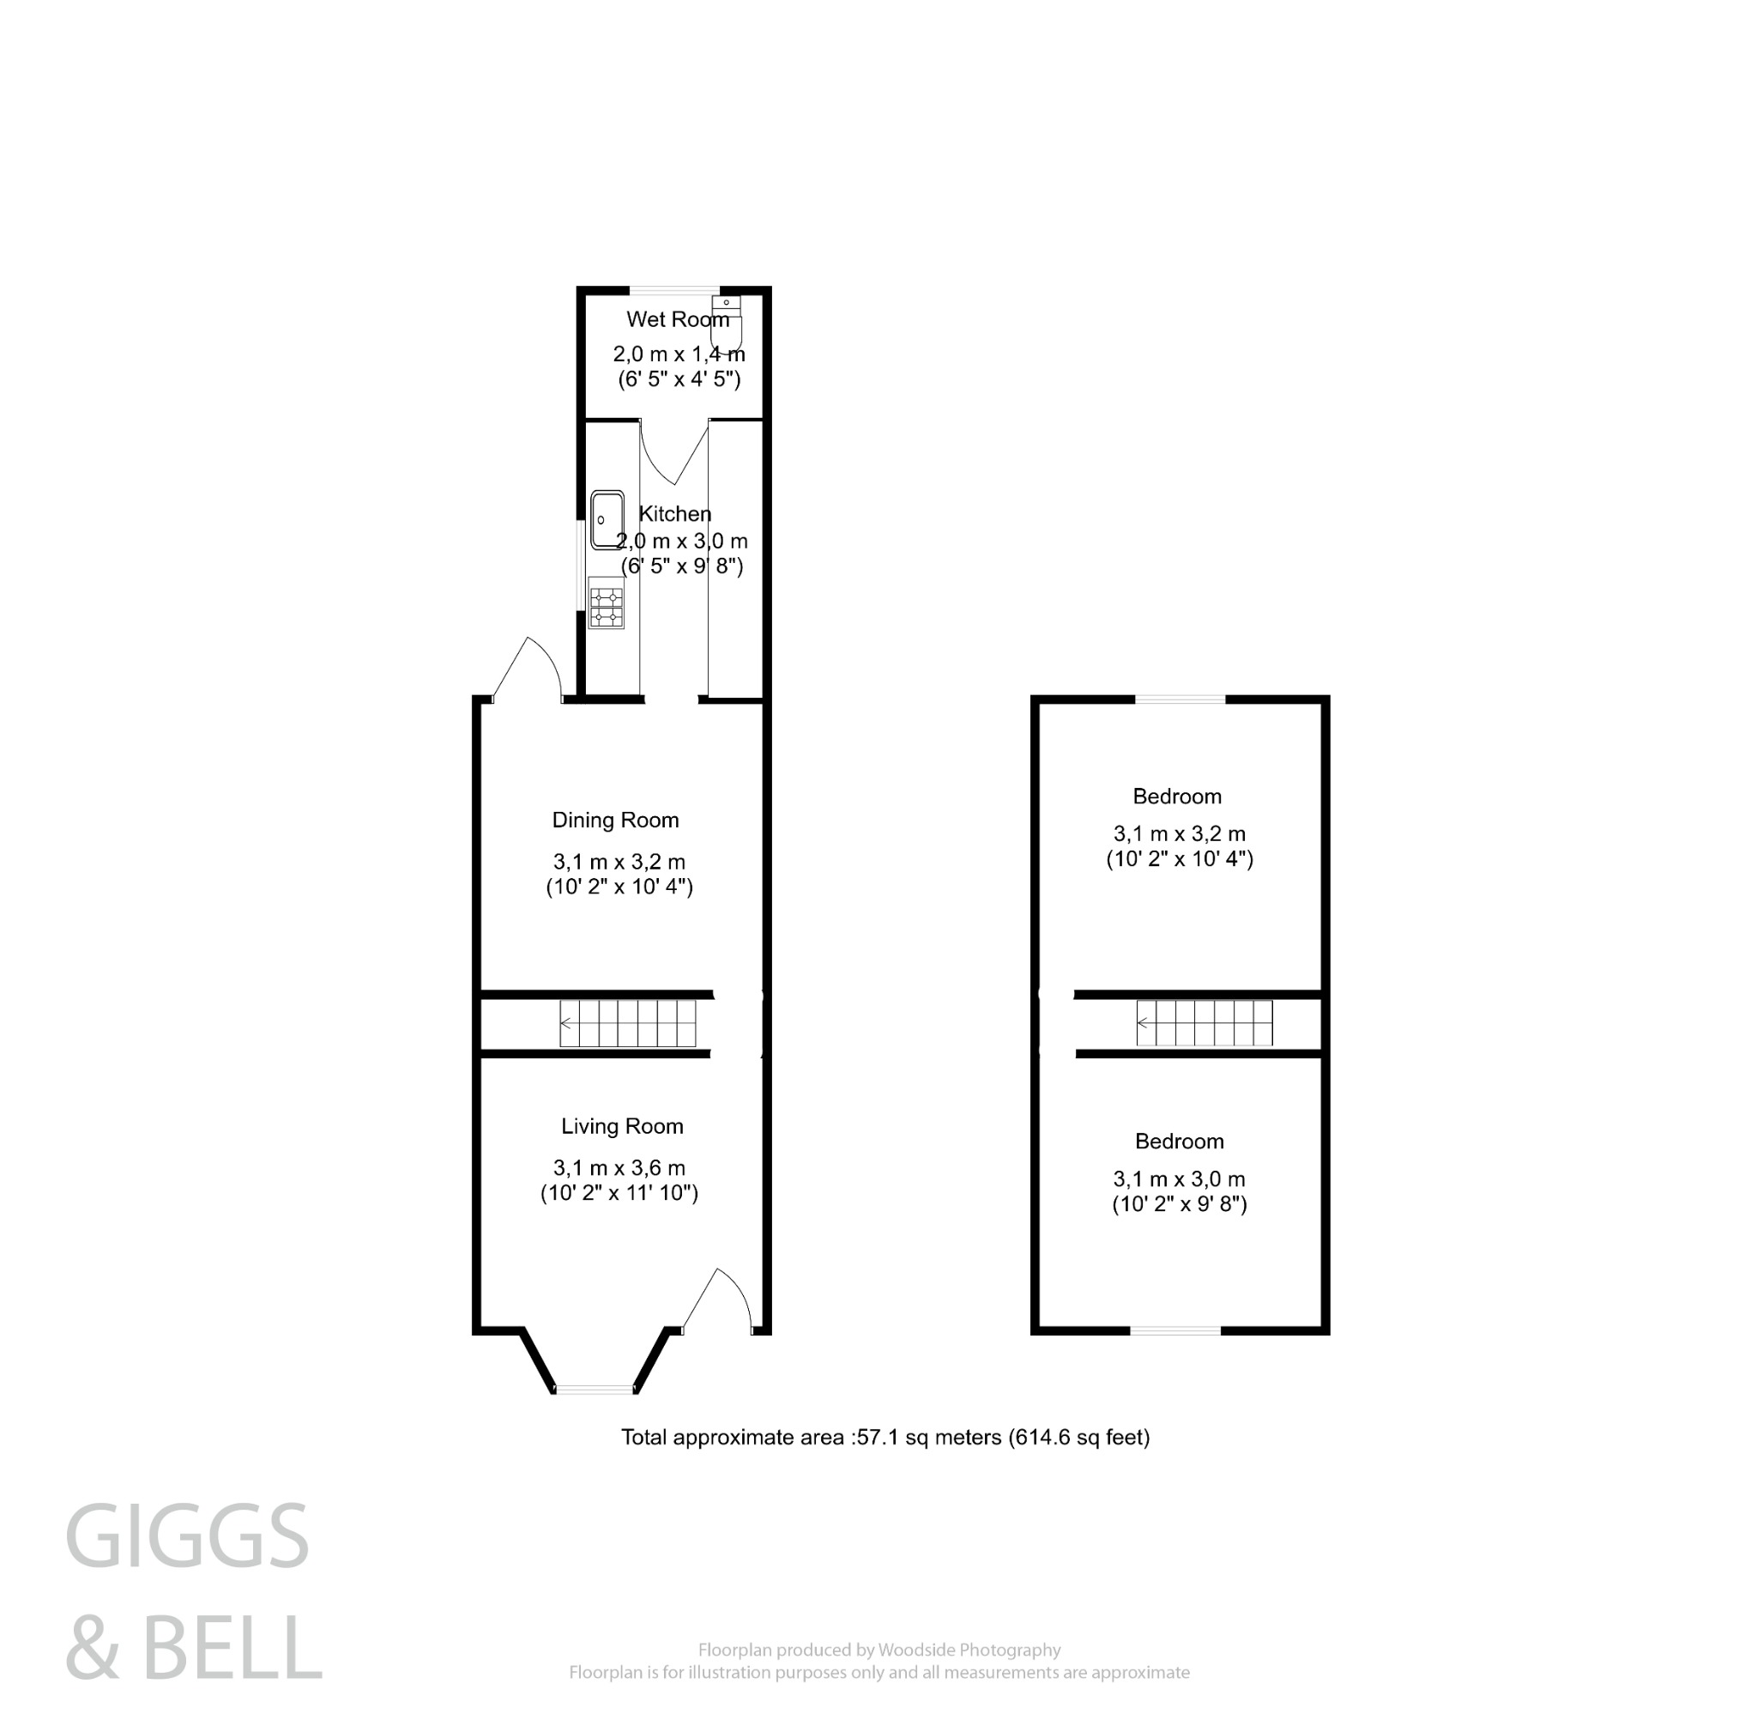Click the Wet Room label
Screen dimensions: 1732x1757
click(678, 319)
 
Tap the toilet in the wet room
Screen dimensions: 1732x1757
click(727, 323)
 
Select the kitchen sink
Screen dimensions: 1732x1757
click(607, 520)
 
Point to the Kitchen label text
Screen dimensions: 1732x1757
click(675, 514)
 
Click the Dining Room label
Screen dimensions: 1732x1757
click(616, 821)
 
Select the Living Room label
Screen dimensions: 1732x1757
click(622, 1126)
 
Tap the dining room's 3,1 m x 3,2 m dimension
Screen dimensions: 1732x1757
click(619, 862)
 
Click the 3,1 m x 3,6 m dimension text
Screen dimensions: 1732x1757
click(619, 1168)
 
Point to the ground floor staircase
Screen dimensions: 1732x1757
click(627, 1023)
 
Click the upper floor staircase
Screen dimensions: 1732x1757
click(1204, 1023)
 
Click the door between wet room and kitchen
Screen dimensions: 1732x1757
click(673, 451)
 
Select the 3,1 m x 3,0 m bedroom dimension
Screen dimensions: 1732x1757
click(1180, 1179)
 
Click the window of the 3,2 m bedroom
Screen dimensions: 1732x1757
click(1180, 699)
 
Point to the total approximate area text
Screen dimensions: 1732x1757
click(885, 1438)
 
